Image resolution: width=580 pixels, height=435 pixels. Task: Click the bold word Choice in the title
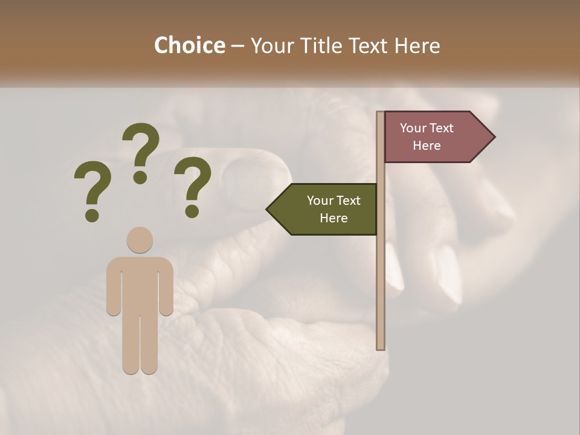pos(189,45)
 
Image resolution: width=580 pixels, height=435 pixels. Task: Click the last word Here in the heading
pos(417,45)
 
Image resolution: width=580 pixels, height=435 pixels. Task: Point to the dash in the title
pos(237,46)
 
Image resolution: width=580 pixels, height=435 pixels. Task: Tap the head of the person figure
pos(140,240)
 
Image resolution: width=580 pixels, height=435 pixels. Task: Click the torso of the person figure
pos(140,284)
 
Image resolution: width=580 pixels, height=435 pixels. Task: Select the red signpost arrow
pos(435,137)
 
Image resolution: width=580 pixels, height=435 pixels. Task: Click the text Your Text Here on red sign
pos(427,137)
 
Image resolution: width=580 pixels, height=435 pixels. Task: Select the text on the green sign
pos(333,209)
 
